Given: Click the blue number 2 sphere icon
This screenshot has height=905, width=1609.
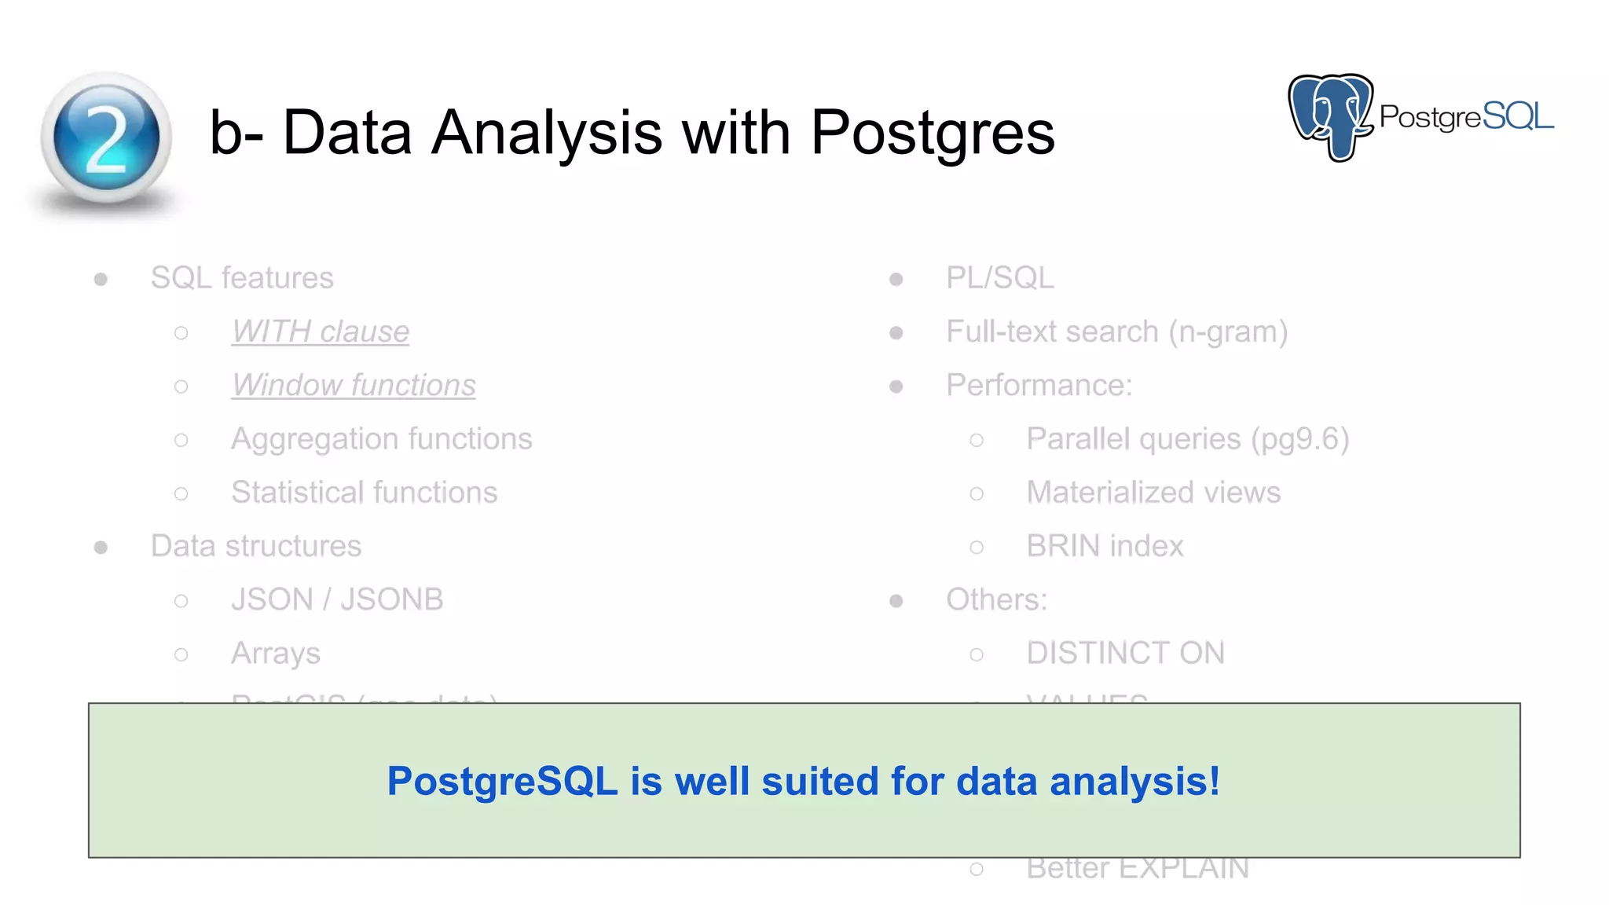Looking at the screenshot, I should [106, 138].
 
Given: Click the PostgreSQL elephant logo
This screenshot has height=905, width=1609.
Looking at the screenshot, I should [1330, 116].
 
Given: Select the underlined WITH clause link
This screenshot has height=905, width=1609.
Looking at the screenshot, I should [320, 332].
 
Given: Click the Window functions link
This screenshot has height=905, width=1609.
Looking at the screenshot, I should [354, 385].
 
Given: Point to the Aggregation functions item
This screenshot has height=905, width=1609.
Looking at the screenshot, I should [381, 438].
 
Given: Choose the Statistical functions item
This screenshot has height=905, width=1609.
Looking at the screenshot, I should [364, 493].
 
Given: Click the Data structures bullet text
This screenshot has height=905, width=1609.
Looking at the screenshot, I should [255, 546].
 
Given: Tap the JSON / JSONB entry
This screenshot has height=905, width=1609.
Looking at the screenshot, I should [337, 599].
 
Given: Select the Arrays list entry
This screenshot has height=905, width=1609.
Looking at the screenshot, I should [275, 654].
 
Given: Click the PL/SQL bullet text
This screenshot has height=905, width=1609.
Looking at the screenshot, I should [999, 278].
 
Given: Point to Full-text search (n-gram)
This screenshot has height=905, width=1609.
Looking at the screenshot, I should [1116, 332].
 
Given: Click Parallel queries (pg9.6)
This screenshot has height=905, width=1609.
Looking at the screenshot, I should [1187, 438].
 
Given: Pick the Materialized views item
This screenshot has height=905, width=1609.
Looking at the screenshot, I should [1153, 493].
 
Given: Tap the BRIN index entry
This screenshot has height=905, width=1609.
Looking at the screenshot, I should [1104, 546].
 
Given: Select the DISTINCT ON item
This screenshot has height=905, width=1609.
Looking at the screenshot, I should [1125, 654].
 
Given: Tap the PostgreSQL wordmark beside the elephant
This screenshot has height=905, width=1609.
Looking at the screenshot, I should [1466, 117].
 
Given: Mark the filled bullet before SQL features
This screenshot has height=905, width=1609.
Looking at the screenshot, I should [101, 279].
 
